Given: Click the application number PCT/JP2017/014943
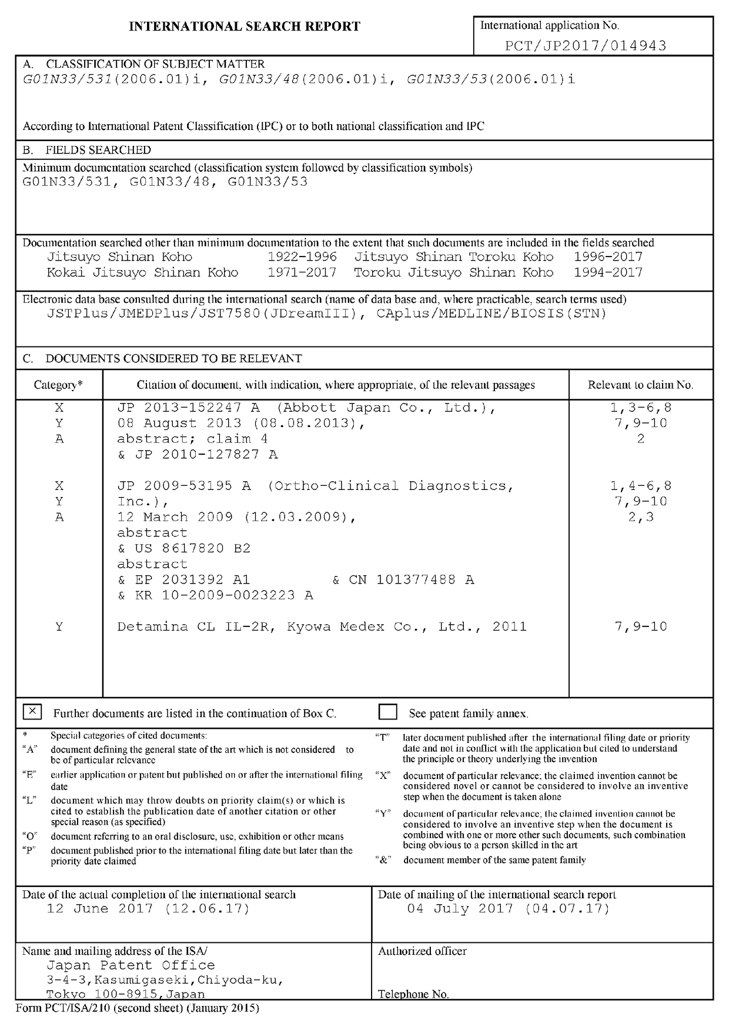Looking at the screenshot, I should (x=586, y=46).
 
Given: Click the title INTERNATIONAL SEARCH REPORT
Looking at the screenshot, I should (x=245, y=26).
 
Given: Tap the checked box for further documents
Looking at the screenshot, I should (x=32, y=712).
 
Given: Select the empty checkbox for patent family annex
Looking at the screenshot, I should (x=388, y=712).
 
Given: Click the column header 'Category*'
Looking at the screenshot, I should (x=58, y=385).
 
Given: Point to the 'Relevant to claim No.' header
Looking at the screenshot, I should (x=640, y=385).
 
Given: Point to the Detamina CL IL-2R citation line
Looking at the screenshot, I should (x=322, y=626).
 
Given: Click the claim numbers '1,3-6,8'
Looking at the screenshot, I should (x=641, y=408).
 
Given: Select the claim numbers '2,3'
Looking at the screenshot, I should (x=641, y=517).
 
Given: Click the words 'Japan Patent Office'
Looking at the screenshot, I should (x=131, y=965).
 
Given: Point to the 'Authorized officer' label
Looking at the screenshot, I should (x=422, y=951).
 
